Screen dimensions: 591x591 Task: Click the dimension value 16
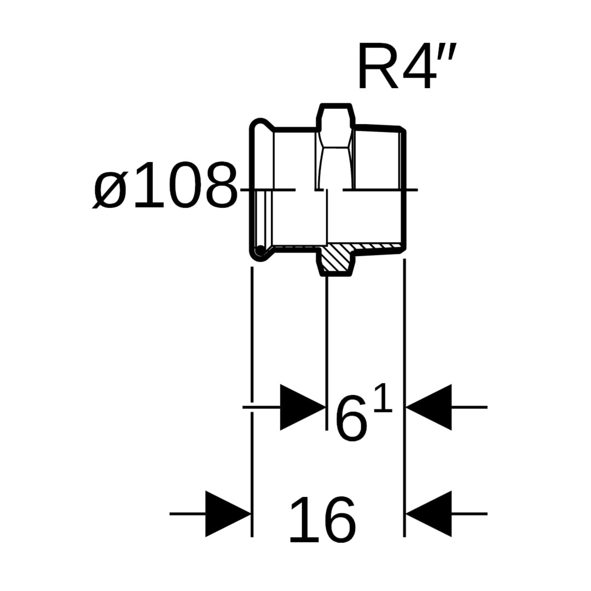click(322, 520)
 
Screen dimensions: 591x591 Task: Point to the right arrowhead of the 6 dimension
click(429, 407)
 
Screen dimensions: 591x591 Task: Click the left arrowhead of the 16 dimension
click(228, 514)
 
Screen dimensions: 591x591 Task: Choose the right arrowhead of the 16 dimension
click(429, 514)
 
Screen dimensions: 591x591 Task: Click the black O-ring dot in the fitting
click(261, 251)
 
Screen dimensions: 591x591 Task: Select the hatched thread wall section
click(378, 247)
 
